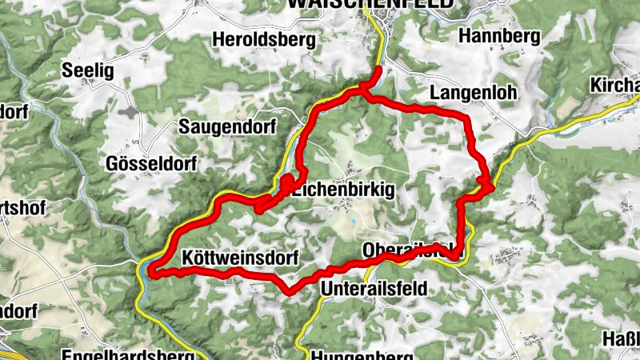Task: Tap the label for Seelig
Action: tap(88, 70)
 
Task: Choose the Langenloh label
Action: tap(474, 92)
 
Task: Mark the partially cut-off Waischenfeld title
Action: tap(369, 4)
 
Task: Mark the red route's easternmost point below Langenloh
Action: tap(490, 186)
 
